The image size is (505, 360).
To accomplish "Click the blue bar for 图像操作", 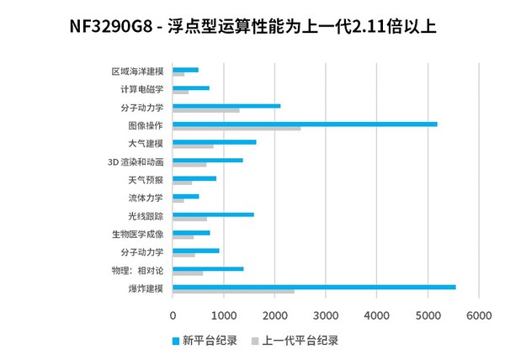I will coord(305,124).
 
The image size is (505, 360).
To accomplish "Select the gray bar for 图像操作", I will coord(237,129).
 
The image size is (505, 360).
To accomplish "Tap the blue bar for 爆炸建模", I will coord(314,287).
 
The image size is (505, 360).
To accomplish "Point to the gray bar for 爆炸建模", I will coord(233,292).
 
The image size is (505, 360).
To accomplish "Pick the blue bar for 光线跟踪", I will coord(213,214).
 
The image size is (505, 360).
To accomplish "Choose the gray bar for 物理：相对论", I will coord(188,273).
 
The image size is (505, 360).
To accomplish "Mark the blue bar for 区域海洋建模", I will coord(185,70).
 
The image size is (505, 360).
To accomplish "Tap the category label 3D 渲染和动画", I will coord(136,162).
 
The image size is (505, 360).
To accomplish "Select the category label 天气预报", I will coord(146,180).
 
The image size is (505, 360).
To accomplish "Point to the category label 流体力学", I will coord(146,199).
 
